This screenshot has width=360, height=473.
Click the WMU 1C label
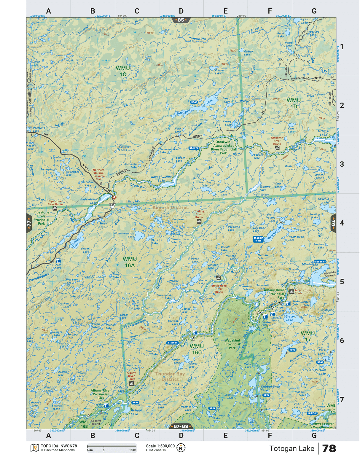tap(122, 71)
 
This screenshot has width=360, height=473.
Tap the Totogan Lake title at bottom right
tap(291, 448)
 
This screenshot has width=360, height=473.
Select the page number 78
tap(329, 448)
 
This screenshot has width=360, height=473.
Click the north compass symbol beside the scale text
tap(181, 448)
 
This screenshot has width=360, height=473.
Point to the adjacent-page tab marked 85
tap(181, 20)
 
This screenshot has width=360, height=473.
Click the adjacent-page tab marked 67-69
tap(181, 426)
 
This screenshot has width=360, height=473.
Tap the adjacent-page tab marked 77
tap(29, 223)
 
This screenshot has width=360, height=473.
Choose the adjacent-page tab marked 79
tap(333, 223)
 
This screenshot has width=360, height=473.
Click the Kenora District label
tap(170, 208)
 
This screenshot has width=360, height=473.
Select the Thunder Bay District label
tap(170, 376)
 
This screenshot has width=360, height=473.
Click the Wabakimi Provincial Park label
tap(232, 344)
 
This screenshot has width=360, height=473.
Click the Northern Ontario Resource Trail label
tap(98, 174)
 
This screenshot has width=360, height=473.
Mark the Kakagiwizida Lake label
tap(161, 179)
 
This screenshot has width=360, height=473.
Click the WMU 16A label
tap(130, 262)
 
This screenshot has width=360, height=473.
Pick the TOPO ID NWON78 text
tap(59, 446)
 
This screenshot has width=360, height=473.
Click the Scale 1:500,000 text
tap(160, 446)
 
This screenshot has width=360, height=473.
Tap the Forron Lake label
tap(219, 72)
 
